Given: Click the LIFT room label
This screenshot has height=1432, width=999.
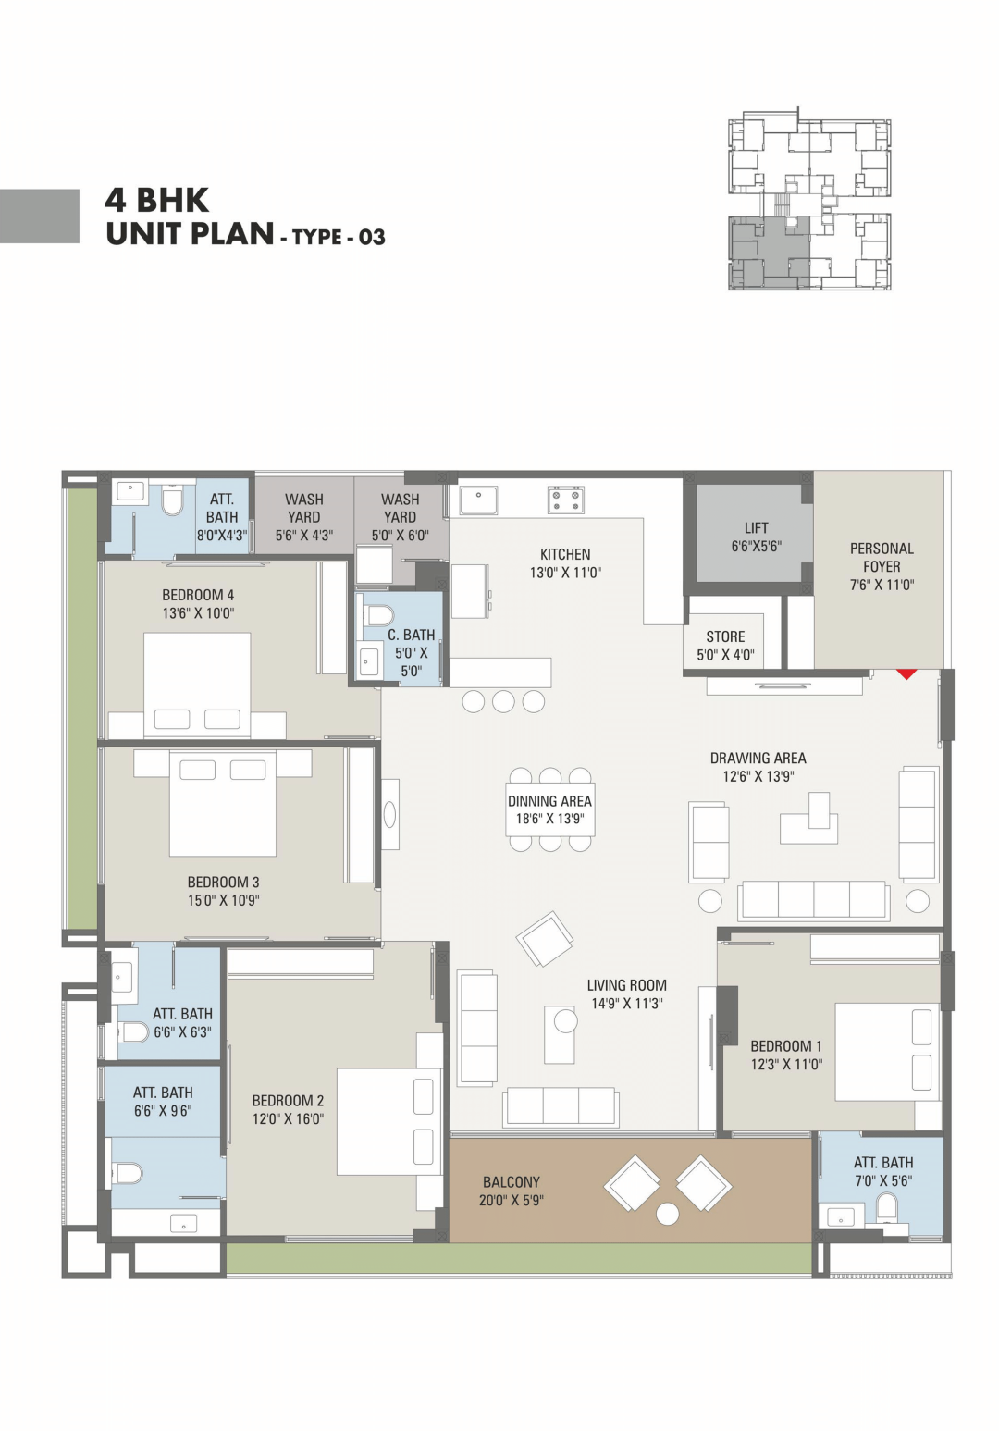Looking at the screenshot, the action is (756, 527).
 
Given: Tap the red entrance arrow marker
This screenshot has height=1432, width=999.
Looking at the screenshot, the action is (906, 673).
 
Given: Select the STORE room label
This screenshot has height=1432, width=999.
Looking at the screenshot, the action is (725, 636).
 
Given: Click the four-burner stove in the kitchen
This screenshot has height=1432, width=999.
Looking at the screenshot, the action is (566, 500).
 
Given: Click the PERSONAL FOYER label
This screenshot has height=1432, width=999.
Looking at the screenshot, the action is (882, 558).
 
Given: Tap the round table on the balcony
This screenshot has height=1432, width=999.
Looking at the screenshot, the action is (668, 1214).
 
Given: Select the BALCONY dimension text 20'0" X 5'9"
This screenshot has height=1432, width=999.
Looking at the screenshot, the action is (512, 1200).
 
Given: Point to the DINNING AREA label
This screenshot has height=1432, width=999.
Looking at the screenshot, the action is (549, 801).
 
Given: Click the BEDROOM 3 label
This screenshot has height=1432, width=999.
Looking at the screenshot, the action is (223, 883).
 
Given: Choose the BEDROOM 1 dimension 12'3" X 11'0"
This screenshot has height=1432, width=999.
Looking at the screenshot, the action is (786, 1065).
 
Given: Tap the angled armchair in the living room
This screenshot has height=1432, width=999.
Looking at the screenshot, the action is (545, 938).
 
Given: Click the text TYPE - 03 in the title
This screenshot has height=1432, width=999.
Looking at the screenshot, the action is (339, 237).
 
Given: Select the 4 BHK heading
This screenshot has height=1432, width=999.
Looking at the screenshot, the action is (157, 200).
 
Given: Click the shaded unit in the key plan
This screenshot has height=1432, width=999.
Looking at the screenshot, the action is (769, 253).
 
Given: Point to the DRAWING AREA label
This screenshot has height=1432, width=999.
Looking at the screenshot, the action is (758, 759).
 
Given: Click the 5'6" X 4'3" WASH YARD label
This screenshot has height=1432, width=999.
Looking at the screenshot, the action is (304, 517).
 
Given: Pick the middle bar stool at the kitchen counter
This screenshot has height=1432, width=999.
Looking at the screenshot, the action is (503, 701).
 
